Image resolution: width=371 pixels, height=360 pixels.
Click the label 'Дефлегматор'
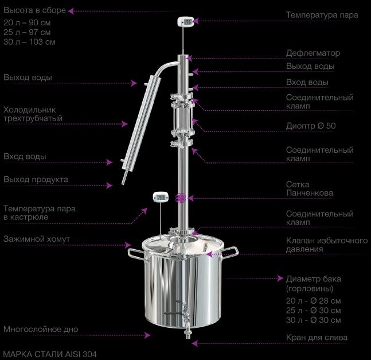click(x=313, y=53)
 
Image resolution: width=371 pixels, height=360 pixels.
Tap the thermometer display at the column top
click(x=186, y=22)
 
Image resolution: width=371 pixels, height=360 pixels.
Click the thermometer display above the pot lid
click(x=161, y=197)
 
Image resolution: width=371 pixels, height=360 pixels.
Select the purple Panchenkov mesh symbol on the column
click(x=181, y=198)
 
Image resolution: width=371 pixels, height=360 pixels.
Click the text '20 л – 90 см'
click(x=27, y=23)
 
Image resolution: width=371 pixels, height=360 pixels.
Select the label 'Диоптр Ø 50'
click(x=311, y=126)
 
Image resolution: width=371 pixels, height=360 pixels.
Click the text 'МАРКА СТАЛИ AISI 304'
click(x=50, y=354)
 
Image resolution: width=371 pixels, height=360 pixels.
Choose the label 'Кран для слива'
click(x=317, y=338)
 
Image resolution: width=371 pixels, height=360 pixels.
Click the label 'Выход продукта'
click(x=36, y=180)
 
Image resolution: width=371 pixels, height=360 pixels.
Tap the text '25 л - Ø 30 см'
click(x=313, y=311)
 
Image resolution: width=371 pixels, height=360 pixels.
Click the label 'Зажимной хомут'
click(x=37, y=239)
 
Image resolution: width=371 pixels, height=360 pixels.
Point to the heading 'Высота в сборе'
click(x=34, y=10)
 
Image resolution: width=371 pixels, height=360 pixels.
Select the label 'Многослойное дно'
click(x=41, y=330)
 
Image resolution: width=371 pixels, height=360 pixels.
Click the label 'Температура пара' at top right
click(x=322, y=15)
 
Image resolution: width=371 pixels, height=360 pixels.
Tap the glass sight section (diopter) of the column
click(x=182, y=118)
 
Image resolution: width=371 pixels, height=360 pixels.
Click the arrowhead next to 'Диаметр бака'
click(x=280, y=278)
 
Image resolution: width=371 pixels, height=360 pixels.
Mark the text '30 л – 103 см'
click(x=29, y=42)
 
